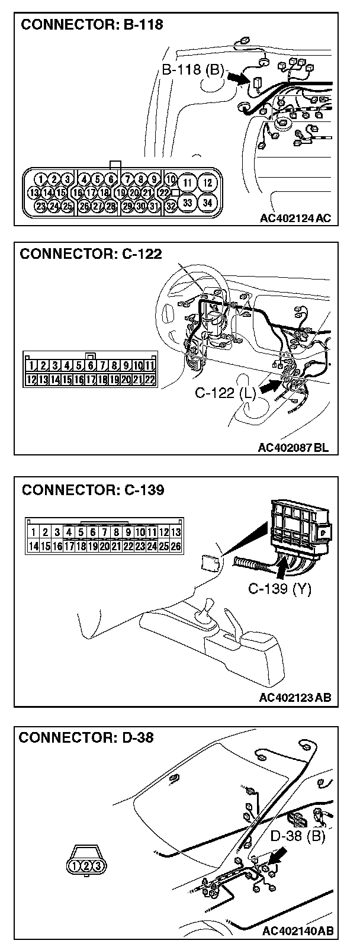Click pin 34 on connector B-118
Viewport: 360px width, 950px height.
[x=207, y=203]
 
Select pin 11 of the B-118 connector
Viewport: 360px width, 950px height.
[x=187, y=182]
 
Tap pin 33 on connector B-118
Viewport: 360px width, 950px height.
[x=187, y=203]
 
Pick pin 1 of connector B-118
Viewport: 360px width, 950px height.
[x=40, y=179]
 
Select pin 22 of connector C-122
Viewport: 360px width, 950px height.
[x=149, y=379]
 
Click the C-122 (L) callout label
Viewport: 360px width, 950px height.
[x=226, y=392]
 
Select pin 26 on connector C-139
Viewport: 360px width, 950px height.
[x=175, y=545]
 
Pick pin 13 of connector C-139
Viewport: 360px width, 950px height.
[x=175, y=532]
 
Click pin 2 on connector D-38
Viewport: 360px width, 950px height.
[x=86, y=866]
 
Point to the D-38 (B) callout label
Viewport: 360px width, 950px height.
[x=298, y=836]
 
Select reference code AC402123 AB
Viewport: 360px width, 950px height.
[x=294, y=697]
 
